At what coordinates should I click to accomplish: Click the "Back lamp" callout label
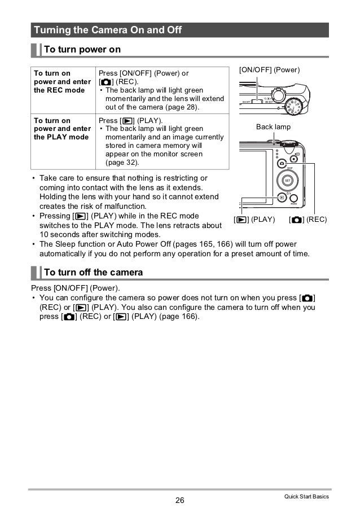[x=273, y=127]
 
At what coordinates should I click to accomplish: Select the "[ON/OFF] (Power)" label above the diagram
[x=270, y=70]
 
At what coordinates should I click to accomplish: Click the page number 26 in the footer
[x=180, y=500]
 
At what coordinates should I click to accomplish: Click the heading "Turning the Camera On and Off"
[x=107, y=29]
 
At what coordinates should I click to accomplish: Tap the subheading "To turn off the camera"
[x=93, y=273]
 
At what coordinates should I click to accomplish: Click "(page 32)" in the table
[x=122, y=163]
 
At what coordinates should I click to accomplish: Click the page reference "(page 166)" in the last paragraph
[x=178, y=316]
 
